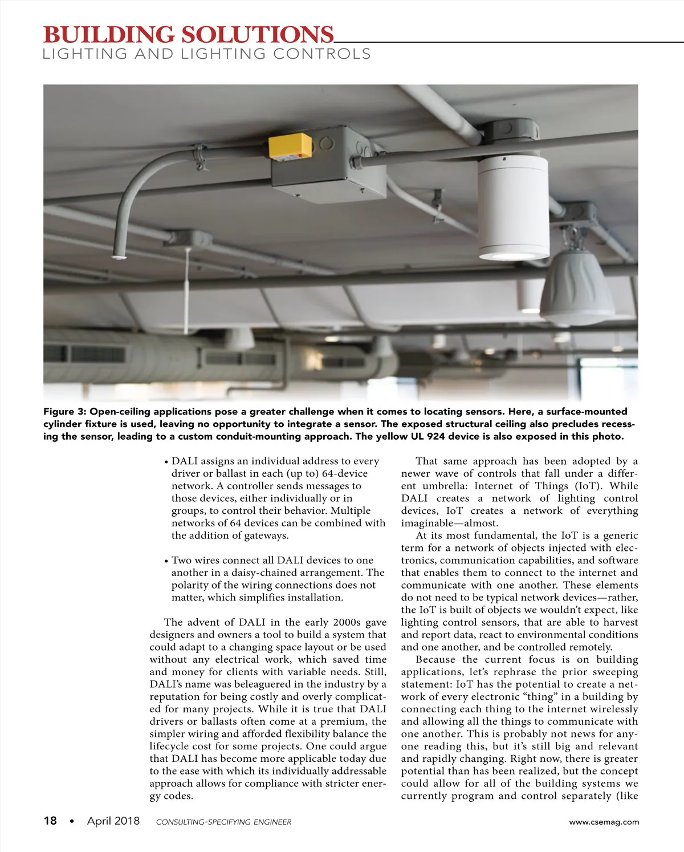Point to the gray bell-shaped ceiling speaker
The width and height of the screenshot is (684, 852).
pyautogui.click(x=577, y=288)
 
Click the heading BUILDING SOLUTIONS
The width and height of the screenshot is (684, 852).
pyautogui.click(x=188, y=35)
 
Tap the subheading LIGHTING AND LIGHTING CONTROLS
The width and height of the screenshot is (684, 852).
pyautogui.click(x=207, y=55)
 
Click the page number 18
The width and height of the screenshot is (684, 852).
pyautogui.click(x=50, y=821)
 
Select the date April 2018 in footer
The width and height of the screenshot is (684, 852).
pyautogui.click(x=113, y=821)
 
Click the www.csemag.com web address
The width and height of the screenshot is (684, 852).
pyautogui.click(x=604, y=822)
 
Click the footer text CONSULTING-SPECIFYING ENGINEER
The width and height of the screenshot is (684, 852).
pyautogui.click(x=223, y=822)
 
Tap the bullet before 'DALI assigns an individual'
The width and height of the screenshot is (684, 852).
pyautogui.click(x=166, y=462)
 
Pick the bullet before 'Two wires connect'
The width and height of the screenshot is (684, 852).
pyautogui.click(x=166, y=562)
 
